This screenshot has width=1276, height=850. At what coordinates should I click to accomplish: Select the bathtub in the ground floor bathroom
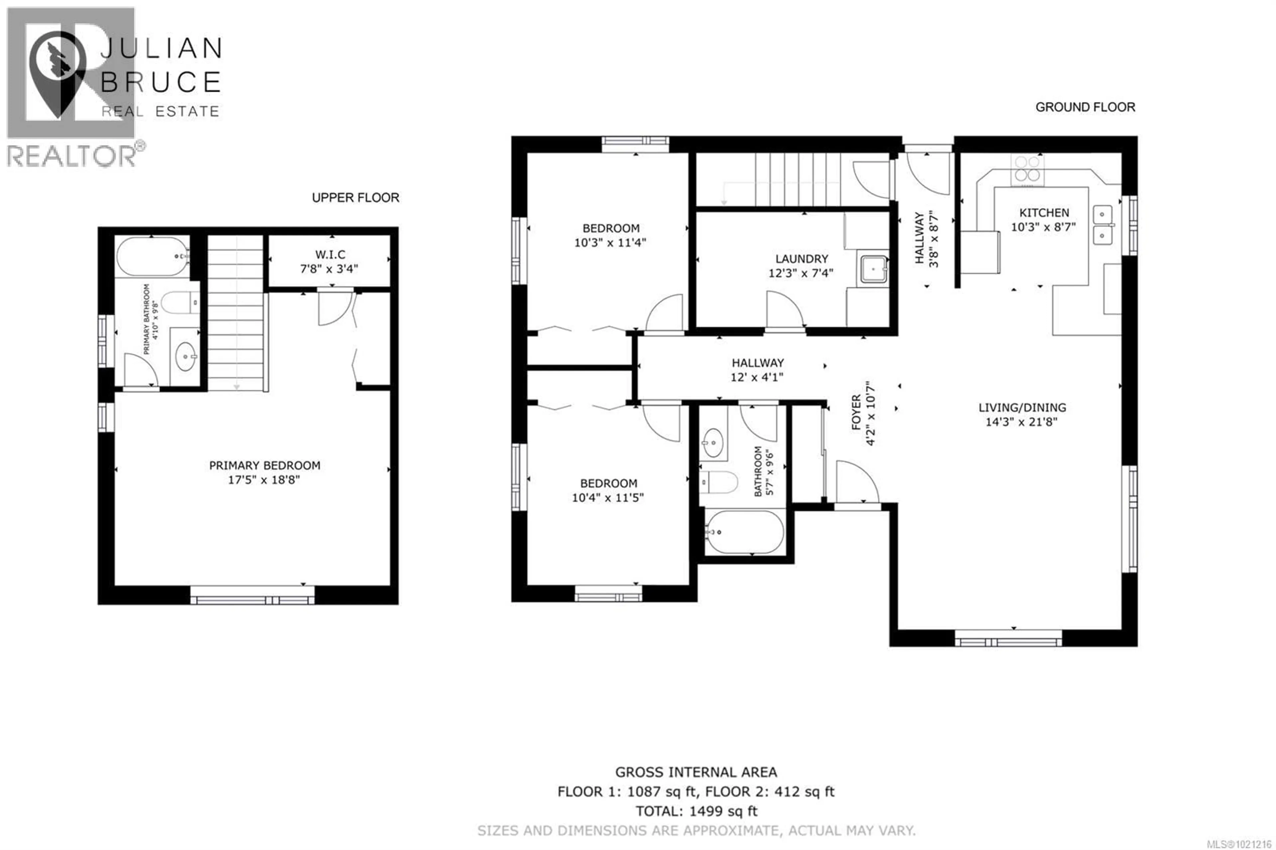tap(745, 532)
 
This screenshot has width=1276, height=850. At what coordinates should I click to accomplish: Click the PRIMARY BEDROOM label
tap(265, 465)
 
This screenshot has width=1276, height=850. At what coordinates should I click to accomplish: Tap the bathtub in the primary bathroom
tap(152, 257)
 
